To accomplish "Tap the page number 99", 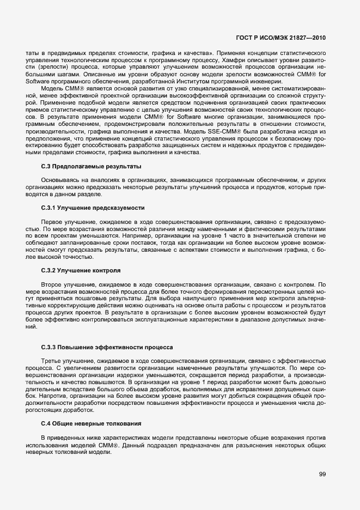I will [322, 474].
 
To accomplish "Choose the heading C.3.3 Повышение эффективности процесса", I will [107, 347].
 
